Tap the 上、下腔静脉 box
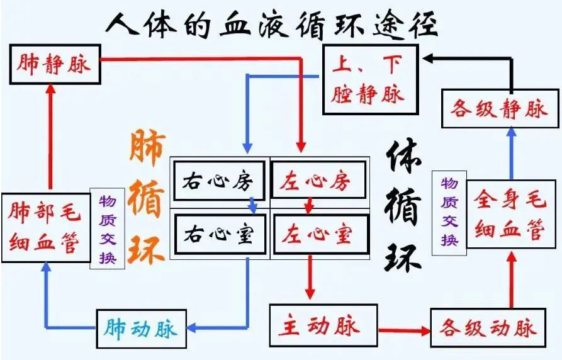click(370, 79)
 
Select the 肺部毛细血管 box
click(45, 228)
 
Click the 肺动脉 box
click(142, 328)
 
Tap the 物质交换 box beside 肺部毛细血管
click(107, 228)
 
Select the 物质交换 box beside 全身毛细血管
click(449, 211)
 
